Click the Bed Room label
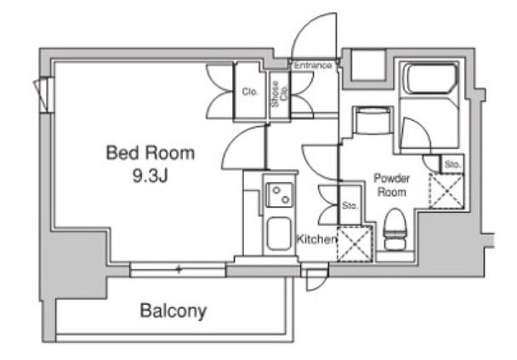point(150,153)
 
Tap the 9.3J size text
point(150,176)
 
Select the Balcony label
point(173,311)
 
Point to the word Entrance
point(312,65)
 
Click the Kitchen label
point(316,238)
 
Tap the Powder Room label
point(391,186)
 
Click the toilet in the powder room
point(395,229)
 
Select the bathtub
point(430,79)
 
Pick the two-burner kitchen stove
point(279,195)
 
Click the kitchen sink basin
point(279,234)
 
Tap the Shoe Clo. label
point(279,94)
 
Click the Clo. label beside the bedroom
point(250,91)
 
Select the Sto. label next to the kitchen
point(349,206)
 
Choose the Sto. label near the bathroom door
point(452,164)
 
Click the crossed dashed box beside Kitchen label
point(355,244)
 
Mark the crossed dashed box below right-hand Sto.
point(446,191)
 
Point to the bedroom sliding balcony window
point(178,269)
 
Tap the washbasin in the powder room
point(372,121)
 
